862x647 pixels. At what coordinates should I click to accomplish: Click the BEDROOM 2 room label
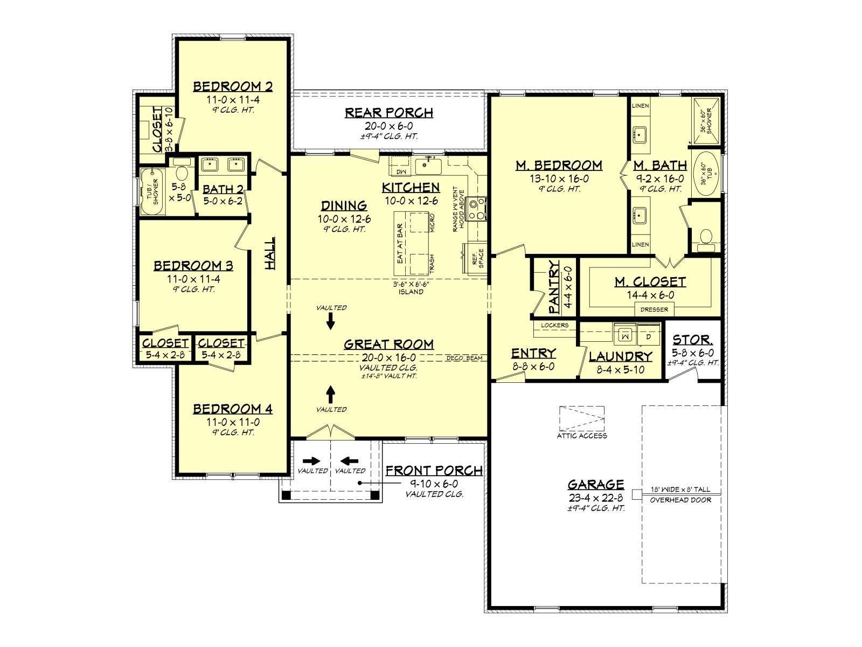click(x=233, y=86)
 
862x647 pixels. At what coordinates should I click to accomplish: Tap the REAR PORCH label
click(x=389, y=113)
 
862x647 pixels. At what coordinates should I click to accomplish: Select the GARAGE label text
click(x=596, y=484)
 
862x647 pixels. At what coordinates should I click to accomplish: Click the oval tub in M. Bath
click(x=706, y=174)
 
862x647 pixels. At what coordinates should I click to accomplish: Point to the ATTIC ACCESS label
click(x=582, y=435)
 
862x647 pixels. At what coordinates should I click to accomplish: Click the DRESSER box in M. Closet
click(x=654, y=309)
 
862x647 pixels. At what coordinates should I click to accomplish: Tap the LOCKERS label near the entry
click(x=554, y=325)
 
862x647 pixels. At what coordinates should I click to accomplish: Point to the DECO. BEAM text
click(x=464, y=358)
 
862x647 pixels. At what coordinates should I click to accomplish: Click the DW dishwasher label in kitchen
click(x=401, y=172)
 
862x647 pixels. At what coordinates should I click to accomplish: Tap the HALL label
click(x=270, y=253)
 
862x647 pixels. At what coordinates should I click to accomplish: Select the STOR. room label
click(x=693, y=340)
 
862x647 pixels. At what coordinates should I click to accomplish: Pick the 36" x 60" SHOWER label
click(x=706, y=121)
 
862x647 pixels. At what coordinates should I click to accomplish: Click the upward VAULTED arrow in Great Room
click(x=331, y=394)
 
